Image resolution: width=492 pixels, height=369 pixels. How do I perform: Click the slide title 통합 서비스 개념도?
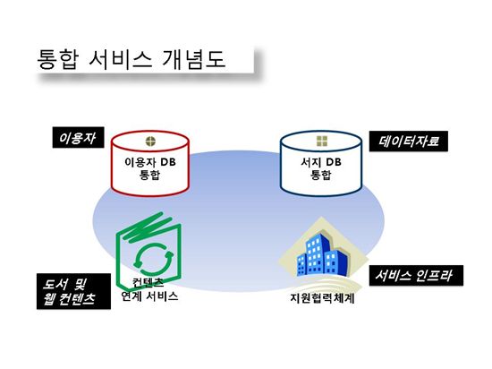(131, 59)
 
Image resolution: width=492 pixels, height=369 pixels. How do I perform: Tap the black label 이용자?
(78, 138)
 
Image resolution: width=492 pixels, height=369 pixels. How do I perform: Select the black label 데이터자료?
(408, 142)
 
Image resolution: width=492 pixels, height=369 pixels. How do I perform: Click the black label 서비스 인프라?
(416, 276)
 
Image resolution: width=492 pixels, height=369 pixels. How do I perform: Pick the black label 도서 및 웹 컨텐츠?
(73, 291)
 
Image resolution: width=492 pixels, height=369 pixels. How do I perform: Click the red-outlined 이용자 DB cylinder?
(150, 163)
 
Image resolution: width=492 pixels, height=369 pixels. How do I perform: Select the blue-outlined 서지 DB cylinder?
(321, 163)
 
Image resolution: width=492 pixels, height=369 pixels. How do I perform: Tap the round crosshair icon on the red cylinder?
(150, 142)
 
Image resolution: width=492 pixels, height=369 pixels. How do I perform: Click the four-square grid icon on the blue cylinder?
(322, 142)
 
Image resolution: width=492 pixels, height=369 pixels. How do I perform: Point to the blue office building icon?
(323, 256)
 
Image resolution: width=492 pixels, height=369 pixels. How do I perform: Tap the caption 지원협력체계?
(322, 297)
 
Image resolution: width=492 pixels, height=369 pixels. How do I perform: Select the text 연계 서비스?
(149, 296)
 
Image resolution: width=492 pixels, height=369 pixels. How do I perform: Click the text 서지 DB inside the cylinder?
(321, 162)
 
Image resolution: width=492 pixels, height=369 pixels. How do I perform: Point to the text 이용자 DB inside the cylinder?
(150, 162)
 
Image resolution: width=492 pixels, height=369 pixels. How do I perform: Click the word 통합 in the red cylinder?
(149, 175)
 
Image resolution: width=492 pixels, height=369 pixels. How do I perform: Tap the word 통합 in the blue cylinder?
(320, 175)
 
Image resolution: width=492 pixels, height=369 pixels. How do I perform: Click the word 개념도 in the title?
(194, 59)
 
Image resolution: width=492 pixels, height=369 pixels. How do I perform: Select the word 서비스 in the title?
(121, 59)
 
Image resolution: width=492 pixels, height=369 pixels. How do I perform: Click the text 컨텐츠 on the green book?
(148, 282)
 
